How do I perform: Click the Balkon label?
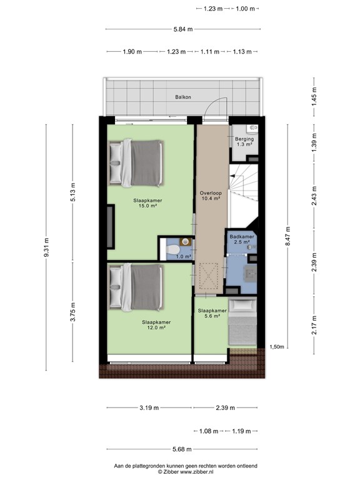(x=183, y=97)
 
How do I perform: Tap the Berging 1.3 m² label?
(x=244, y=141)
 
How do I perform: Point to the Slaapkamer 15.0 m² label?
(x=148, y=203)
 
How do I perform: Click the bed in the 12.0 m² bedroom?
(x=136, y=287)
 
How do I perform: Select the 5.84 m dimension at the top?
(x=182, y=29)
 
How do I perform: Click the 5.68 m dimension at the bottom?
(x=182, y=448)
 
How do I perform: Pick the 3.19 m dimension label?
(x=149, y=408)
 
